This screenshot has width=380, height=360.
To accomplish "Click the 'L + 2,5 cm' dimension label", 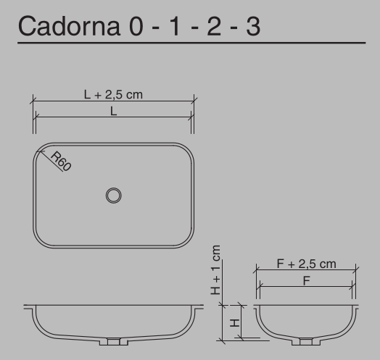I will coord(113,93).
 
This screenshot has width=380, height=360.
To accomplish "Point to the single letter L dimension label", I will coord(113,111).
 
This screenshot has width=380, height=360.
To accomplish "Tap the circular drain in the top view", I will coord(113,195).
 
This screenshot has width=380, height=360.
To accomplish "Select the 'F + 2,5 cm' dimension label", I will coord(306,264).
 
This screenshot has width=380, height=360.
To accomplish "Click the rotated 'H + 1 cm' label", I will coord(215,269).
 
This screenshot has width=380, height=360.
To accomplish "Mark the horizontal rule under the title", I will coord(190,45).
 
